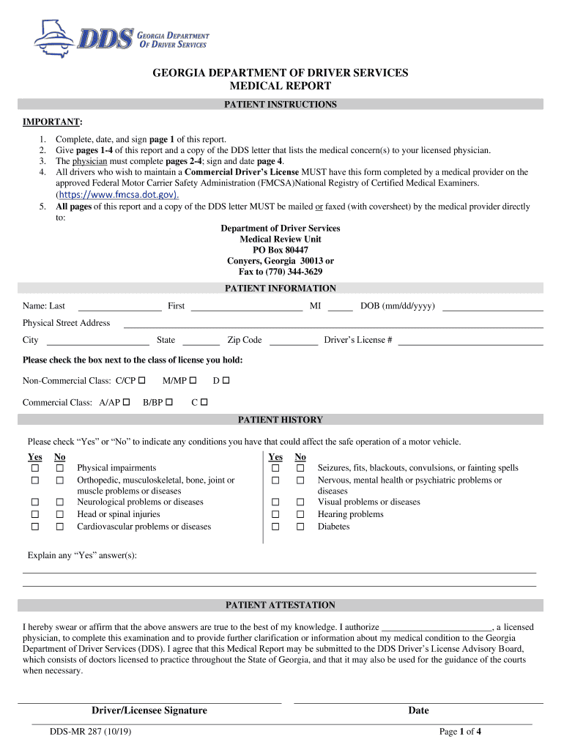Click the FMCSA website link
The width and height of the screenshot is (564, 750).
point(117,195)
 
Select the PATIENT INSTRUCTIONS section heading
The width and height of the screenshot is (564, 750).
point(281,105)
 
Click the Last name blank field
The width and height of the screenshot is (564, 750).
point(119,306)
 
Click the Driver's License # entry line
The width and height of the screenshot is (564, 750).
point(470,340)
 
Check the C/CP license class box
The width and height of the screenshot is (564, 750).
point(142,380)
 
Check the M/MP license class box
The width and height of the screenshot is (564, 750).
point(193,380)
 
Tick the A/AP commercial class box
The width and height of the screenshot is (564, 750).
point(127,402)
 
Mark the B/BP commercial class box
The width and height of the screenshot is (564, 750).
point(169,402)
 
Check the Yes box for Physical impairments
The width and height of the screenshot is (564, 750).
point(34,468)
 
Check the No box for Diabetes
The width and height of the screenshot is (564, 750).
point(300,527)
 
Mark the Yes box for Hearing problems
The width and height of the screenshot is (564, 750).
point(275,515)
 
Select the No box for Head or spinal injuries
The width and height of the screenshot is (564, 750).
point(60,515)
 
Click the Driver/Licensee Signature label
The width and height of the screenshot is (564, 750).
point(149,710)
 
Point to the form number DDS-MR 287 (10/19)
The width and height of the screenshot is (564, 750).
point(90,732)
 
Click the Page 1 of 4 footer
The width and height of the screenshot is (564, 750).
point(460,732)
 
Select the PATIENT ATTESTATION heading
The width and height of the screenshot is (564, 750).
point(281,606)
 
